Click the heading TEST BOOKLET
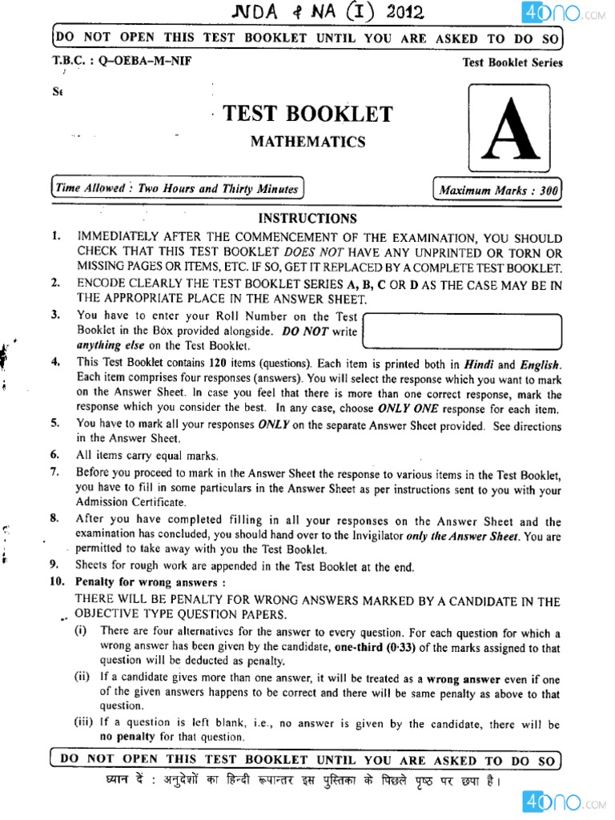307,114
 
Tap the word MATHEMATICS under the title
307,142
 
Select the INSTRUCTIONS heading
307,218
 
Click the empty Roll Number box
464,331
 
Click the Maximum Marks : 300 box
497,190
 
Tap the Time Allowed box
177,189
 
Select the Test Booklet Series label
512,62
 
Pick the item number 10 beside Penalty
58,582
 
